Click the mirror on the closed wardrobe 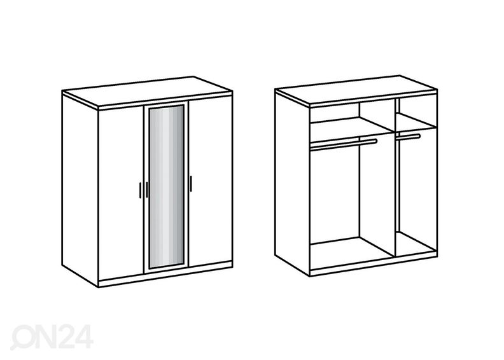click(166, 186)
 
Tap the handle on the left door click(140, 190)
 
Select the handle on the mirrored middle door click(146, 190)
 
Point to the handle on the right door click(191, 184)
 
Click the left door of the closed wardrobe click(120, 193)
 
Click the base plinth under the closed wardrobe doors click(165, 274)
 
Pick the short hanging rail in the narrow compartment click(408, 137)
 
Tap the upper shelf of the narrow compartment click(416, 122)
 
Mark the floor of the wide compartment click(352, 251)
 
